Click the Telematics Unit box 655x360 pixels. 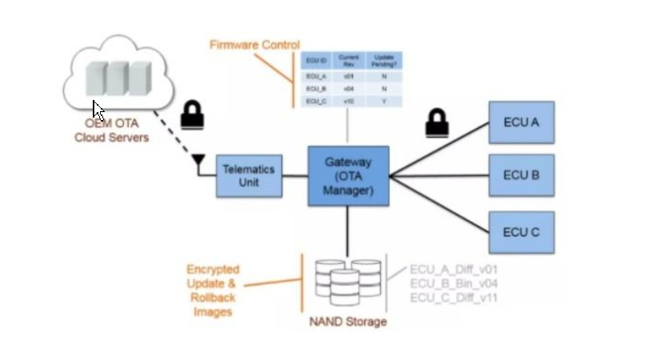[249, 175]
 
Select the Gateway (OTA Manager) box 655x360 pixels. [348, 176]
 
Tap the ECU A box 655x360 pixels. [521, 122]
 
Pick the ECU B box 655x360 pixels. [521, 174]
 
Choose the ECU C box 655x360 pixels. [521, 232]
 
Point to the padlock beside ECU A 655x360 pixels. [436, 123]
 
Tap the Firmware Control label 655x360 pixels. [254, 45]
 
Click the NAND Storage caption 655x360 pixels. [348, 322]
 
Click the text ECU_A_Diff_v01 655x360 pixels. [453, 270]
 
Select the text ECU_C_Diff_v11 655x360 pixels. [453, 298]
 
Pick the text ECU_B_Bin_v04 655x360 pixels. [453, 283]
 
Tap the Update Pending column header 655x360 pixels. [383, 60]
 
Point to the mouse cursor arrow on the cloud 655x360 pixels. [97, 109]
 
